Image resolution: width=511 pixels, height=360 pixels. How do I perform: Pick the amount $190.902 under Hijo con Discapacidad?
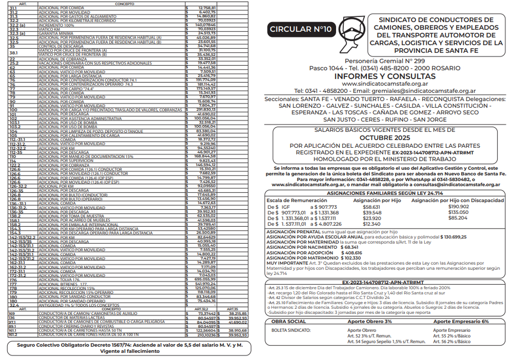[x=459, y=206]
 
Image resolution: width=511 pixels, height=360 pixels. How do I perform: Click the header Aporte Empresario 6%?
[x=459, y=321]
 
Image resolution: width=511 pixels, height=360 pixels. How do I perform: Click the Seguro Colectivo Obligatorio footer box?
[x=129, y=348]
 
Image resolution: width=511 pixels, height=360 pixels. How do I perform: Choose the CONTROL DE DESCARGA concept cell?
[x=61, y=46]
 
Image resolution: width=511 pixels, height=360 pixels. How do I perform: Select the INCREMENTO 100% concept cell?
[x=56, y=25]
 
